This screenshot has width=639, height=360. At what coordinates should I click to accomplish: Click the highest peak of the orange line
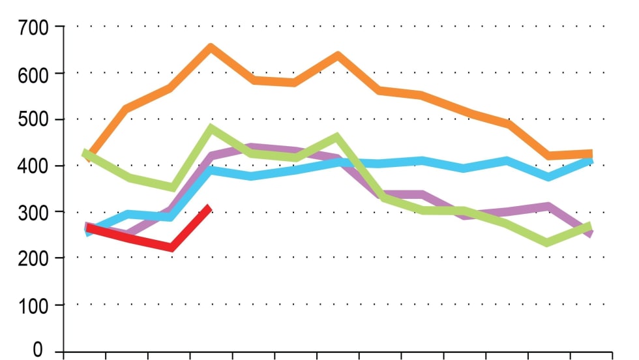pos(211,47)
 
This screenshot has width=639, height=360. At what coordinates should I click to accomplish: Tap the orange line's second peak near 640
pos(338,55)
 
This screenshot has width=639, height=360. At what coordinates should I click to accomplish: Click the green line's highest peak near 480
pos(211,128)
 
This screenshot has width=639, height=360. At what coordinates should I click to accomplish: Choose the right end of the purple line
pos(591,234)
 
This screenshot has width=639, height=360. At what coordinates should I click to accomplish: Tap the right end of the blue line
pos(591,158)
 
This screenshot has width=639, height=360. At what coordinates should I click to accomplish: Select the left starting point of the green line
pos(85,153)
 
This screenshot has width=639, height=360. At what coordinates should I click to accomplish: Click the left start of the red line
pos(89,227)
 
